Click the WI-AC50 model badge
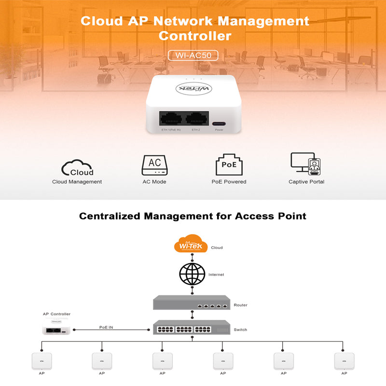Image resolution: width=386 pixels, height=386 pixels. [193, 55]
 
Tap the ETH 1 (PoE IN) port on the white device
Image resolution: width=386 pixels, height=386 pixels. [171, 119]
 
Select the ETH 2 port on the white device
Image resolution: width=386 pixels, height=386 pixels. [196, 119]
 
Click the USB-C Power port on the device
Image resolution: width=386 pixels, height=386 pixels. [219, 123]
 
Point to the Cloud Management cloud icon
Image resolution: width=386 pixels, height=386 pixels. [77, 167]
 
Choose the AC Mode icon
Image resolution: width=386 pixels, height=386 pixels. [154, 165]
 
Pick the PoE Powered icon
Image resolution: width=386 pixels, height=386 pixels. [229, 165]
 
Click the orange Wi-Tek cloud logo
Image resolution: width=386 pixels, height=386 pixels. [191, 245]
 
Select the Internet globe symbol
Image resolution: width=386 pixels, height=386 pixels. [192, 274]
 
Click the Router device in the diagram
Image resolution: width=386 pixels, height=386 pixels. [192, 303]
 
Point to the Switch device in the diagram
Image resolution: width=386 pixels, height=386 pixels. [192, 328]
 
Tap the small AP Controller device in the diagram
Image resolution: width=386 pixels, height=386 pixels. [57, 329]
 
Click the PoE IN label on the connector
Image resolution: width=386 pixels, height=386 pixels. [106, 327]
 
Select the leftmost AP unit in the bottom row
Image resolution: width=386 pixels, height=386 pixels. [41, 361]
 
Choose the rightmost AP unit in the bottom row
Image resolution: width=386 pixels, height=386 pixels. [344, 361]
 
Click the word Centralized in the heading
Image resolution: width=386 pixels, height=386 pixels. [110, 216]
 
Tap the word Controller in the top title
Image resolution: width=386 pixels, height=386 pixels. [194, 36]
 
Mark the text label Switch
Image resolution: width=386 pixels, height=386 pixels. [240, 330]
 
